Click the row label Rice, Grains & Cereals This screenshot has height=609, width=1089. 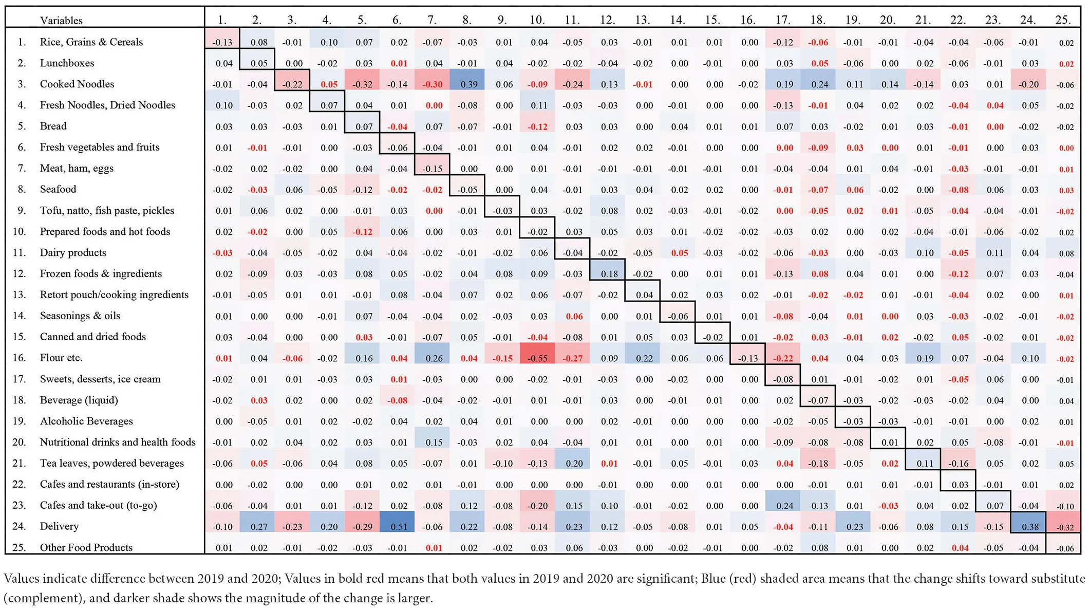pyautogui.click(x=91, y=42)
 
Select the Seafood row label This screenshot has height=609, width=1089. pyautogui.click(x=58, y=189)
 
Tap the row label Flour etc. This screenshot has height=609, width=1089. pyautogui.click(x=61, y=358)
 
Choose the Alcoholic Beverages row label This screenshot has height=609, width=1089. pyautogui.click(x=86, y=421)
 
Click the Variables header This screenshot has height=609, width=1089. pyautogui.click(x=61, y=21)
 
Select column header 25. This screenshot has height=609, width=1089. pyautogui.click(x=1062, y=20)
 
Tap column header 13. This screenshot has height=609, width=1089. pyautogui.click(x=642, y=20)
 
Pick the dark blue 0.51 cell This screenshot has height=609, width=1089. pyautogui.click(x=397, y=526)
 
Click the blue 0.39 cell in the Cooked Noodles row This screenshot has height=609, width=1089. pyautogui.click(x=467, y=84)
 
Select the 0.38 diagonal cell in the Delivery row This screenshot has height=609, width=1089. pyautogui.click(x=1028, y=526)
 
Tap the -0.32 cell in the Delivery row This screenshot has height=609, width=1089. pyautogui.click(x=1064, y=527)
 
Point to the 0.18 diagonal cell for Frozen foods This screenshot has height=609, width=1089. pyautogui.click(x=608, y=274)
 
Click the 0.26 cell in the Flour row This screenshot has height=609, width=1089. pyautogui.click(x=433, y=358)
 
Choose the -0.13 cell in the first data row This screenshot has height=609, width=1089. pyautogui.click(x=222, y=42)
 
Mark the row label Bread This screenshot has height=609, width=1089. pyautogui.click(x=53, y=126)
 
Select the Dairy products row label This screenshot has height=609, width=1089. pyautogui.click(x=73, y=252)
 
